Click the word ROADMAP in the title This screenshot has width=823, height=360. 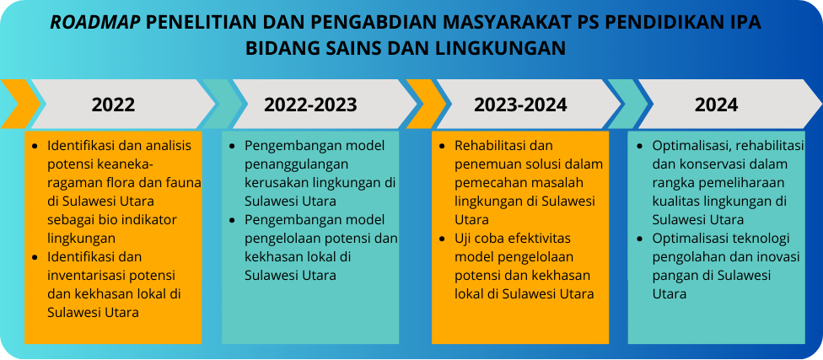tap(95, 23)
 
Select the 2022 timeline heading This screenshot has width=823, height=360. tap(113, 105)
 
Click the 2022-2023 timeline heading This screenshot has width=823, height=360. tap(310, 105)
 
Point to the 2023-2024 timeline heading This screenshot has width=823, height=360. tap(520, 105)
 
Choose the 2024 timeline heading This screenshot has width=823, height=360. tap(717, 105)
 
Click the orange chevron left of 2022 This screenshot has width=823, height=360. tap(20, 104)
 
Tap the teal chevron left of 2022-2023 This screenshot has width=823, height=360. tap(223, 104)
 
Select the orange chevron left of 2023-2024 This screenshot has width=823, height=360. tap(426, 104)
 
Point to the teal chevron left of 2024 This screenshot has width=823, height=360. tap(627, 104)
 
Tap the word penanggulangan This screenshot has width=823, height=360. tap(297, 164)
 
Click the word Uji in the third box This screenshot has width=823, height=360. tap(464, 239)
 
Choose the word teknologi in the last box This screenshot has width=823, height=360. tap(764, 239)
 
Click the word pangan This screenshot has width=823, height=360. tap(670, 276)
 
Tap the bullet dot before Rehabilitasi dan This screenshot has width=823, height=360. tap(443, 146)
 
